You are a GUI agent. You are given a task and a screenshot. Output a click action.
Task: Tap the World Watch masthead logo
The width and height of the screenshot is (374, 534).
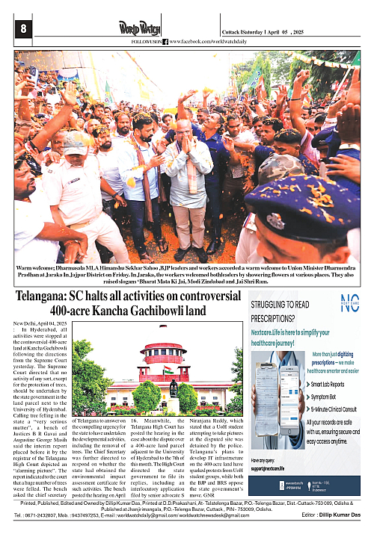click(x=140, y=28)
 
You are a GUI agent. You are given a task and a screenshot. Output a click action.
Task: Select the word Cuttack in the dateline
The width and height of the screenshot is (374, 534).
click(x=233, y=32)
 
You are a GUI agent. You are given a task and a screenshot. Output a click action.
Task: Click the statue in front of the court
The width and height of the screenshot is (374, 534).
click(x=173, y=388)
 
